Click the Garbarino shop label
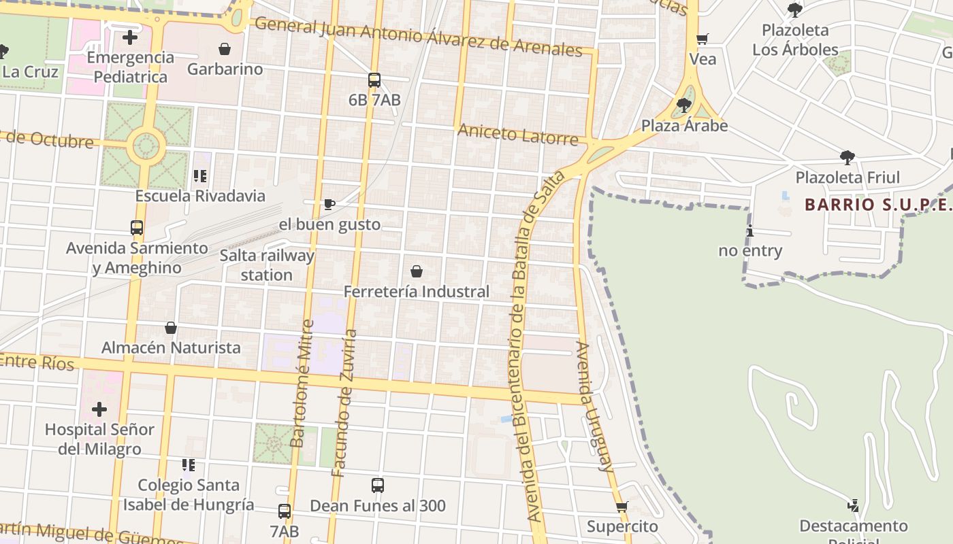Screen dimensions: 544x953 (225, 69)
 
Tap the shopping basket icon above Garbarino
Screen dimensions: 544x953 (225, 49)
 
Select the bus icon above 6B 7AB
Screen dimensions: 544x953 (374, 80)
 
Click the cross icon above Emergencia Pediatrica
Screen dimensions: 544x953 (130, 37)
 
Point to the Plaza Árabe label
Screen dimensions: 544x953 (684, 126)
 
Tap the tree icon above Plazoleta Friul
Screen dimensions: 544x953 (847, 158)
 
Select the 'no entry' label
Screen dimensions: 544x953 (750, 250)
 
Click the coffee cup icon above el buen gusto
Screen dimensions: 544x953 (329, 204)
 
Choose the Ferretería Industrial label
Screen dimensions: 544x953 (417, 292)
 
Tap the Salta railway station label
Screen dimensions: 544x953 (267, 265)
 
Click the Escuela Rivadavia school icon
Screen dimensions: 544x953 (199, 176)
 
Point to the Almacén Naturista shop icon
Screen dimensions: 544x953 (171, 328)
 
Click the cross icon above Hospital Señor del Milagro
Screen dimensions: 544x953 (99, 409)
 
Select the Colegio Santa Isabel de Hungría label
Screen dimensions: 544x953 (189, 494)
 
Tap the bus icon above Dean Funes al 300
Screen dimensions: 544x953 (378, 486)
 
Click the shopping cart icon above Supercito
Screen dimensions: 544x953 (621, 507)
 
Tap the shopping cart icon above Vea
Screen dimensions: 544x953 (702, 39)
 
